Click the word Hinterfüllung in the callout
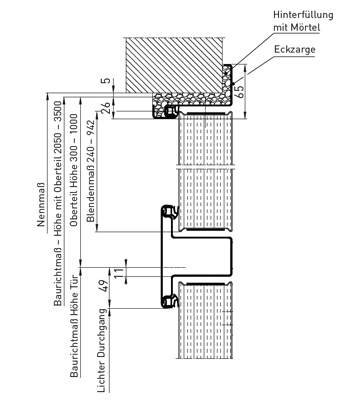click(303, 15)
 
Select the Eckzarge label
click(295, 50)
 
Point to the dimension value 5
click(105, 81)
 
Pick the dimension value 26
click(105, 108)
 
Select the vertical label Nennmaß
click(41, 205)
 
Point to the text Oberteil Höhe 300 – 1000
click(74, 170)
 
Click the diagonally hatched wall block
click(174, 65)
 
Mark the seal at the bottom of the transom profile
click(170, 301)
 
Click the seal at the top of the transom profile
click(170, 212)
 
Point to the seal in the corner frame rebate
click(172, 112)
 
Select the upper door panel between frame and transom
click(205, 171)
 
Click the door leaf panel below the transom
click(205, 320)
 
